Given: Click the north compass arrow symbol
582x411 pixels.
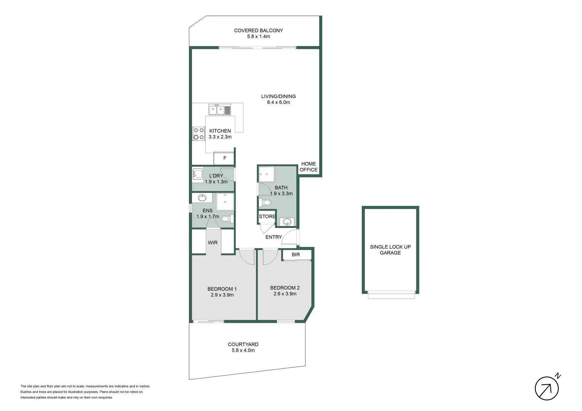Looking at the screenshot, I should click(547, 389).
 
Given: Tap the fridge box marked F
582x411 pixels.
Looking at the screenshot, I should click(224, 158).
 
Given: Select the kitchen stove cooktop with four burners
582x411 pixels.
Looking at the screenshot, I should click(198, 134).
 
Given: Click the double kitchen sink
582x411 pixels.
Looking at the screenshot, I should click(217, 110).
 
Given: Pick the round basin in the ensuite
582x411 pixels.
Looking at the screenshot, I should click(202, 198).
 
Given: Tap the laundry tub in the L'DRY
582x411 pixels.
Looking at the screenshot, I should click(198, 174).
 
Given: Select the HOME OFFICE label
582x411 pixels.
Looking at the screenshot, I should click(309, 167).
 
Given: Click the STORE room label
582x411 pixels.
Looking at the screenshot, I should click(267, 217).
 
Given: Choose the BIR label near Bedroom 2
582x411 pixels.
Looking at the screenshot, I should click(296, 255).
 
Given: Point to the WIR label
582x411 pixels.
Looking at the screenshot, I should click(213, 242).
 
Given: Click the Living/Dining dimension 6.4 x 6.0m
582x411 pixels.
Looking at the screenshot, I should click(278, 102).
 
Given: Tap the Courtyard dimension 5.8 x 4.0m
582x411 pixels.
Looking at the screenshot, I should click(243, 350).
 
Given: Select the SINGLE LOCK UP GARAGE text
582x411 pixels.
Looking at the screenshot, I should click(390, 250).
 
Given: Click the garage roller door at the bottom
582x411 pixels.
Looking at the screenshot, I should click(391, 295).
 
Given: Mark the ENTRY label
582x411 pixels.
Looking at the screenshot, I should click(273, 237).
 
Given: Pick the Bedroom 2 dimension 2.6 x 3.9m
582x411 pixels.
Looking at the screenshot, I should click(285, 294).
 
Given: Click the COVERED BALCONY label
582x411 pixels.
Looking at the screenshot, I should click(258, 30).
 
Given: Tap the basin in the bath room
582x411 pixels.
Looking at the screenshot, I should click(287, 221).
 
